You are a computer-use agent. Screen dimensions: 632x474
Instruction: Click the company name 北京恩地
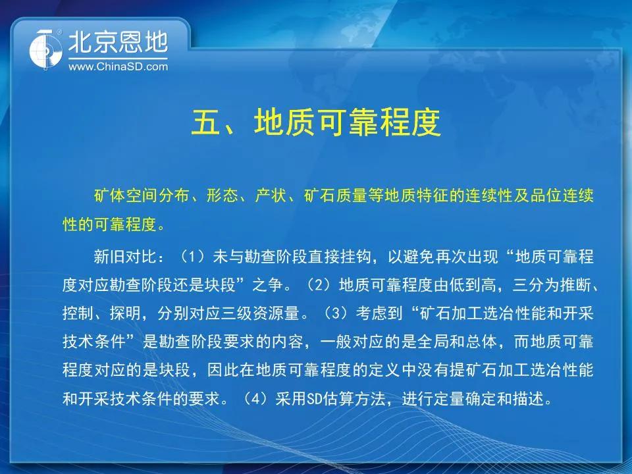[118, 42]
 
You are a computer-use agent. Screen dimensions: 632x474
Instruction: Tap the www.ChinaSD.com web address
[118, 66]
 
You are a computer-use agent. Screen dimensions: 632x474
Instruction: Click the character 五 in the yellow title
[205, 122]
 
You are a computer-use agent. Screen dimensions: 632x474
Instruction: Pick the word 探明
[125, 313]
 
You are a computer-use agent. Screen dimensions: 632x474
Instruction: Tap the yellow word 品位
[545, 196]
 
